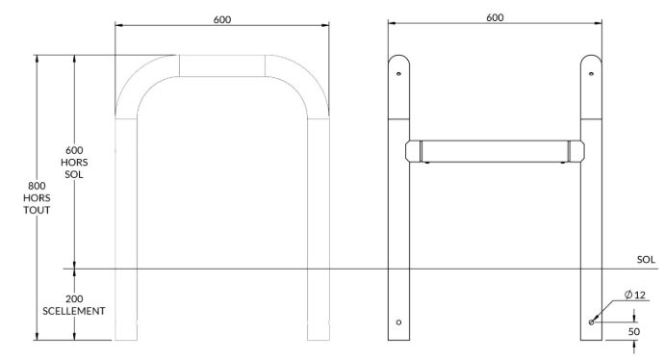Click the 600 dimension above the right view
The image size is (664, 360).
click(495, 17)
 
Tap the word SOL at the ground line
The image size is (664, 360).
click(646, 260)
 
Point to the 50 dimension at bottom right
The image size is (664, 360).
click(634, 331)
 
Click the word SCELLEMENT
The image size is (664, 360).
click(74, 312)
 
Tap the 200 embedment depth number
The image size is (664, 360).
click(74, 299)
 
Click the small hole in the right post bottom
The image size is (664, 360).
click(591, 321)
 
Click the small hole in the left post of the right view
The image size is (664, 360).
click(398, 321)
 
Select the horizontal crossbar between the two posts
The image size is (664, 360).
click(495, 151)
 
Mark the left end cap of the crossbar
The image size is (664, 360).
click(415, 151)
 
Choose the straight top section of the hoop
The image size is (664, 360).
click(221, 64)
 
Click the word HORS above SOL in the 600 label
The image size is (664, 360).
click(74, 163)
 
